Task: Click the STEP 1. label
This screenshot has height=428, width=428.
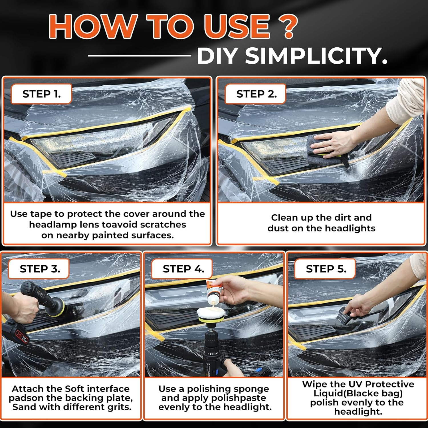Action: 41,94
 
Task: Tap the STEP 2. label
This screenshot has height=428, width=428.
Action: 256,94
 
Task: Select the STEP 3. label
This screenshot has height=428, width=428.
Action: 40,269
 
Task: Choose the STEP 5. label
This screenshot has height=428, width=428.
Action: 326,269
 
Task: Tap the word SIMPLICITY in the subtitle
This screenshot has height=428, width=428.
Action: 316,55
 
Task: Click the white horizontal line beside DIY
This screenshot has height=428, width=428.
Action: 139,55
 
